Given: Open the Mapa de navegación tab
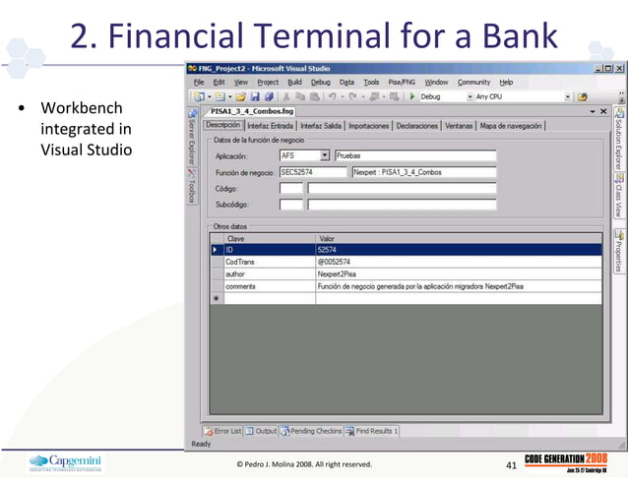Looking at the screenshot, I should pos(511,126).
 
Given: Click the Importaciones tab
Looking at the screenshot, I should pos(369,126).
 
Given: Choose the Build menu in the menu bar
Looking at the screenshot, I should pos(294,82).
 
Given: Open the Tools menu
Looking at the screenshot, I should pos(371,82).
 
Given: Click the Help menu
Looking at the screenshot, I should pos(506,82).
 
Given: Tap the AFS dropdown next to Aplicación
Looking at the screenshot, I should pos(304,155).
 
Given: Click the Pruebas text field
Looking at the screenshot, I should pos(414,155).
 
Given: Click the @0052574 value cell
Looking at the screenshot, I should pos(457,262).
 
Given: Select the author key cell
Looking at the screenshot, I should pos(268,273).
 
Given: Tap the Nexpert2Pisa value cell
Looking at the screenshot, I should pos(457,273).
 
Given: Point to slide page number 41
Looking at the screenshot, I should pos(510,464).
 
